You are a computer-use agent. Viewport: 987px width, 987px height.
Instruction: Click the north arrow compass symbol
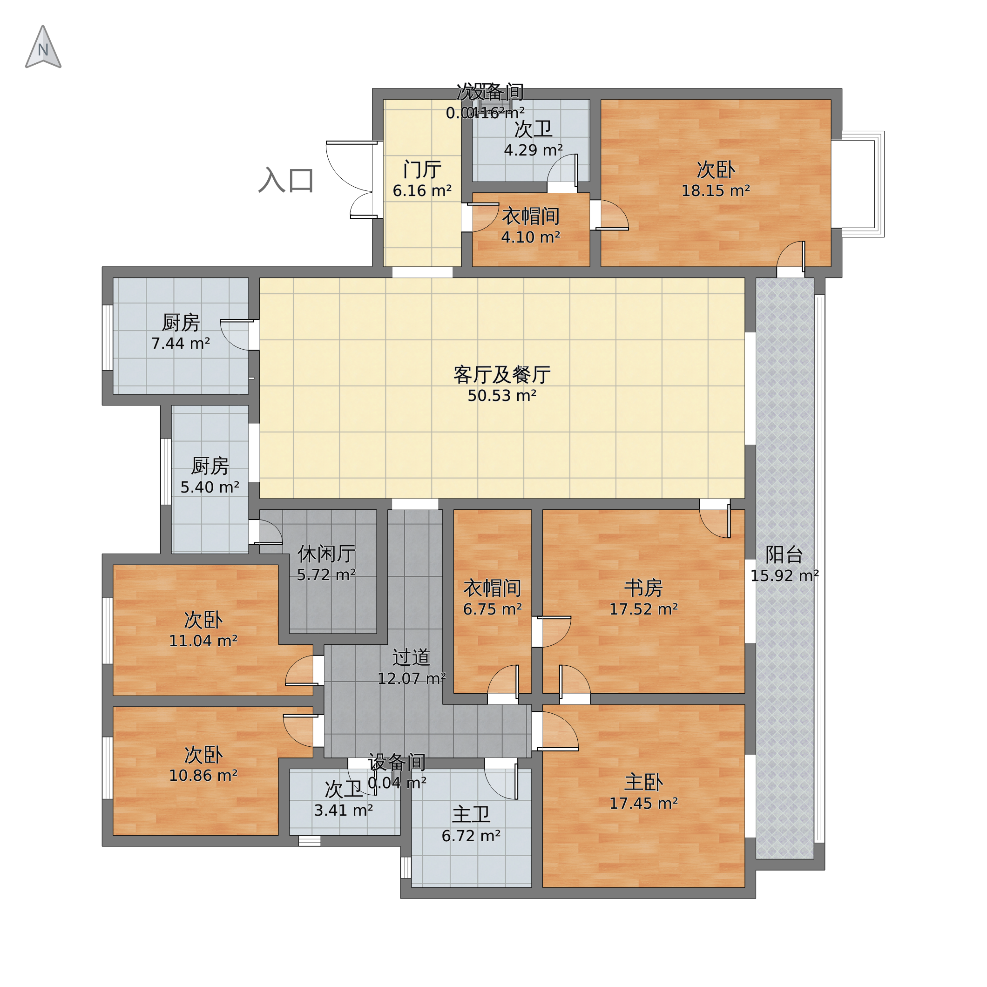pyautogui.click(x=43, y=47)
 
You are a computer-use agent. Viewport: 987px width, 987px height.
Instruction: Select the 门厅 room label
pyautogui.click(x=422, y=169)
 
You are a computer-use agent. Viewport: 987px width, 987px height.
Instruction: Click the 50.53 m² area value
pyautogui.click(x=502, y=396)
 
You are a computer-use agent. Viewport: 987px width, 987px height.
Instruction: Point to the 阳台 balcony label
pyautogui.click(x=784, y=555)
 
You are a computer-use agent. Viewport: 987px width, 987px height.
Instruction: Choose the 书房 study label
pyautogui.click(x=643, y=588)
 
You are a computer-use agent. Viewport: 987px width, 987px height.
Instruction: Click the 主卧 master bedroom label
pyautogui.click(x=643, y=783)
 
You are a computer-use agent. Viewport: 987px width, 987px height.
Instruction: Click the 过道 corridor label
pyautogui.click(x=411, y=657)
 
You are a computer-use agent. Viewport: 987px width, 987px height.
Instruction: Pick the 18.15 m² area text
pyautogui.click(x=715, y=191)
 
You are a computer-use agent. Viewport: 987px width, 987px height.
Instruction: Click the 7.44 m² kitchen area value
pyautogui.click(x=180, y=344)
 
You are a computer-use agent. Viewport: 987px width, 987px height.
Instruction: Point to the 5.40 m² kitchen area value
pyautogui.click(x=210, y=487)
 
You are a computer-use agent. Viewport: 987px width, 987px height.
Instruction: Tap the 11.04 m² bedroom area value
pyautogui.click(x=203, y=641)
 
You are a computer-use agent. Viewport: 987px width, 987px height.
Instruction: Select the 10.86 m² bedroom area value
pyautogui.click(x=203, y=776)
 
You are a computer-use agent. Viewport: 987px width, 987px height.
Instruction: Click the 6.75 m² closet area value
pyautogui.click(x=492, y=609)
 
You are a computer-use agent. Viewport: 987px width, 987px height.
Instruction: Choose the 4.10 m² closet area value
pyautogui.click(x=530, y=237)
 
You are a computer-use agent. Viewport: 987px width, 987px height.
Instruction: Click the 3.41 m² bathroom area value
pyautogui.click(x=343, y=811)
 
